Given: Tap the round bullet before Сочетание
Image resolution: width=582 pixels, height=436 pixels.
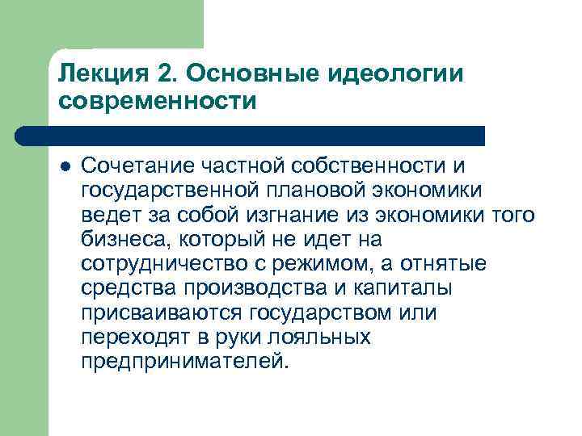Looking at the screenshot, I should (64, 166).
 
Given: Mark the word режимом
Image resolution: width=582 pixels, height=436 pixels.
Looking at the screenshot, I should (324, 264).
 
